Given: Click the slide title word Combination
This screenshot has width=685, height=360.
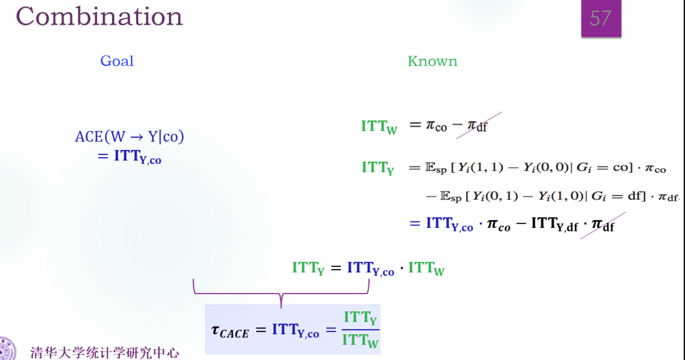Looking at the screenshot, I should pos(99,17).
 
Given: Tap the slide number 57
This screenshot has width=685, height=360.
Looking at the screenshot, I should pos(600,18).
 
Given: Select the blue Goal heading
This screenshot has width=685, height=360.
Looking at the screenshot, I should pos(117,61).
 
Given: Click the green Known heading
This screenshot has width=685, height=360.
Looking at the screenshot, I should pos(432,61).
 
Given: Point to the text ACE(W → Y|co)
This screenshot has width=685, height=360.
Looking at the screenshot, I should pos(129,137).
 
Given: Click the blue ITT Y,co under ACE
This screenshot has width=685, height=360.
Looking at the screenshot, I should pos(137,157).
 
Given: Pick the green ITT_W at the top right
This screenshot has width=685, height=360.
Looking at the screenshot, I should pos(379,127).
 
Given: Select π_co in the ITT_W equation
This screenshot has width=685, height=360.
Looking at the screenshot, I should pos(436,126).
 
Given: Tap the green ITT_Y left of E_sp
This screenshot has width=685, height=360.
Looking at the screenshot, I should pos(378,168).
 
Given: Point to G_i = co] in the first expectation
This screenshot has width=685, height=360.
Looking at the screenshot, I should pos(604,168).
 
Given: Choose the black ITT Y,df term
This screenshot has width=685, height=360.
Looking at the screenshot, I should pos(554,224).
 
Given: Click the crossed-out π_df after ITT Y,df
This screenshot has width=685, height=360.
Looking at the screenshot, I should pos(603,225).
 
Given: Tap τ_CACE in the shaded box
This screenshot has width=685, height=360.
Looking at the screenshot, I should pos(230,331).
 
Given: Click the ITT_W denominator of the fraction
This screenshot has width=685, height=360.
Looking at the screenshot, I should pos(360,340).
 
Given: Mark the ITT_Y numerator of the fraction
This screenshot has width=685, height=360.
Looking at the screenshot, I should pos(360,317).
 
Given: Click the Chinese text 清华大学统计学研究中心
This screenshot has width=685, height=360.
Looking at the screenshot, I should pos(105,353).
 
